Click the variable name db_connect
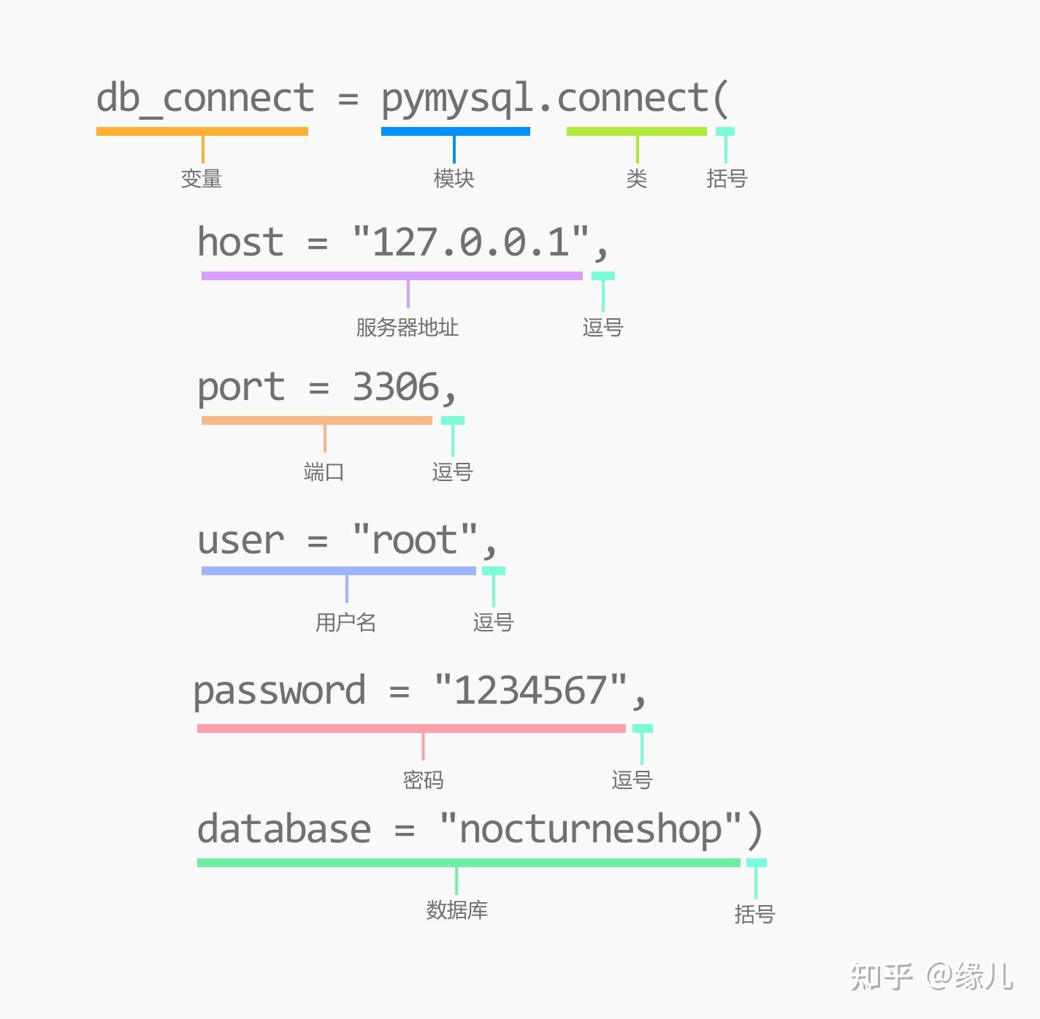(205, 99)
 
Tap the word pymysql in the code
(456, 100)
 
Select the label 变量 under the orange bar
(202, 179)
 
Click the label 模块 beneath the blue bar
(454, 179)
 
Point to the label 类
(637, 179)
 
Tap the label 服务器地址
(407, 328)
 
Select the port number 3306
(396, 387)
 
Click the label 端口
(324, 472)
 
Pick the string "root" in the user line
(414, 540)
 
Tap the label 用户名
(345, 623)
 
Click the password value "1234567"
(530, 690)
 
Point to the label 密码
(423, 780)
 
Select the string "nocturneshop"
(590, 829)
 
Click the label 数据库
(456, 910)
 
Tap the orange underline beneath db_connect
(202, 131)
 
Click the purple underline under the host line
(391, 276)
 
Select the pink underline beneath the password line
(411, 728)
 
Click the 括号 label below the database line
(754, 914)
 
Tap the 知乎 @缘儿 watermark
(931, 977)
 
